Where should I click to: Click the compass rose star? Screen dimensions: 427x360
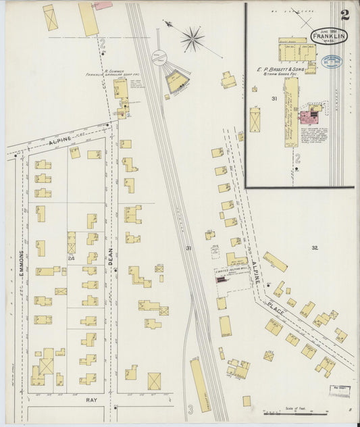192,39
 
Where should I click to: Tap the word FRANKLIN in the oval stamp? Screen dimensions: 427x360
329,36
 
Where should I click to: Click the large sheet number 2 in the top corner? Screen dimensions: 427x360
345,15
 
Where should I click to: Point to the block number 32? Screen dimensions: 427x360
314,249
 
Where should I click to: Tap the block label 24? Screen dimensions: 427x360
70,258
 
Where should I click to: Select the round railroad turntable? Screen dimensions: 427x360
159,59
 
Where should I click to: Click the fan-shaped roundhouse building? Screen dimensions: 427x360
178,82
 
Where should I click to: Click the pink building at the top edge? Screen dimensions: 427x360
103,5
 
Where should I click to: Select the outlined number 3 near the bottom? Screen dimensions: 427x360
190,409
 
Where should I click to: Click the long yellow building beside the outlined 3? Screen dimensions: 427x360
200,385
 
